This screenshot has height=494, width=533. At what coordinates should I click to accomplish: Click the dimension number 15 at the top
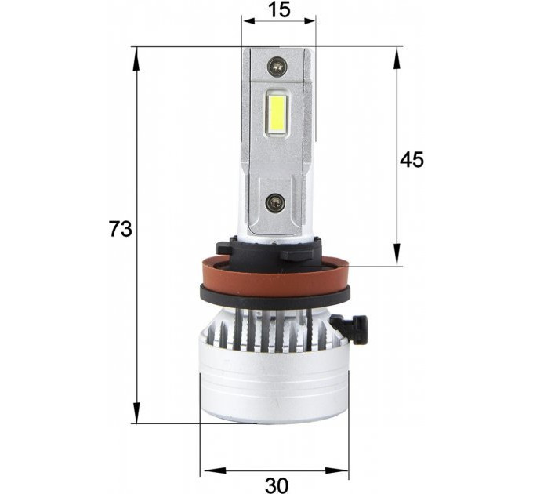click(x=279, y=9)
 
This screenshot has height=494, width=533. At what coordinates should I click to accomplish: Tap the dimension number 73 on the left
click(x=121, y=228)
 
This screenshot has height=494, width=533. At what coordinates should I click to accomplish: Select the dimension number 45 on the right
click(x=412, y=159)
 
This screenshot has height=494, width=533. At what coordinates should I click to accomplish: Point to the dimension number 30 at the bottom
click(x=276, y=485)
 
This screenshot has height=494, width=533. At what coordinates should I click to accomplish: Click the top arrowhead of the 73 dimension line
click(x=136, y=59)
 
